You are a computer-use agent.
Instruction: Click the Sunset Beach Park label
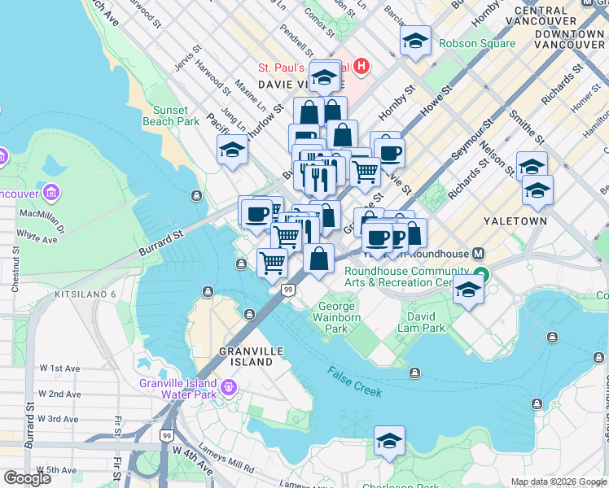(x=170, y=115)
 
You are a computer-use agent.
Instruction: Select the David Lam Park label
(x=421, y=321)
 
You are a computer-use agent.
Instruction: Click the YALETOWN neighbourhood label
(x=510, y=221)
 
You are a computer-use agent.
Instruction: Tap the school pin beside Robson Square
(x=415, y=41)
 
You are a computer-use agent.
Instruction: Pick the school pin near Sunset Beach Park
(x=232, y=150)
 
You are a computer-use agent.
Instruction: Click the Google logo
(x=27, y=478)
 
